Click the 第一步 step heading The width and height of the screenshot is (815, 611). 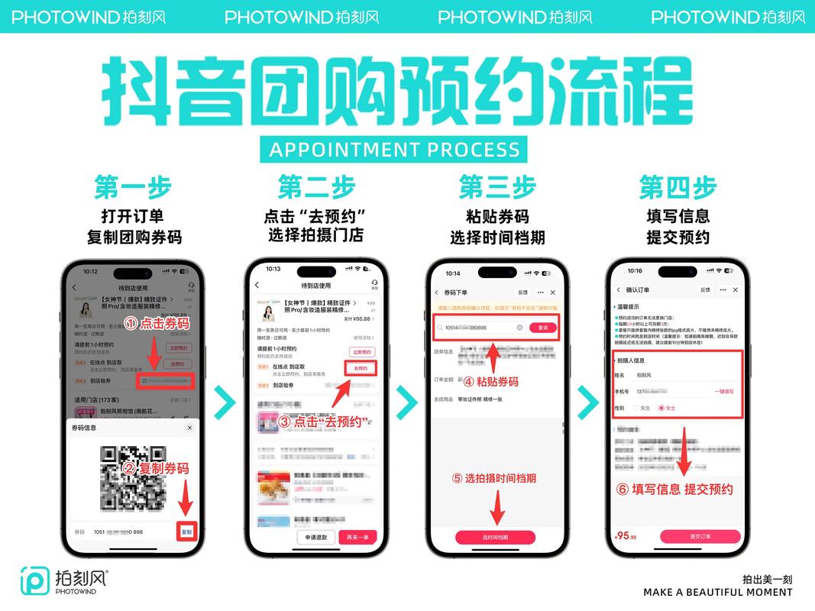coord(133,187)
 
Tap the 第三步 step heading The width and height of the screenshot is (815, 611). coord(497,187)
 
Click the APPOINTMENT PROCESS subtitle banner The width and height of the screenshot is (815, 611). coord(394,149)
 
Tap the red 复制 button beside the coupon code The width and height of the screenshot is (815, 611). coord(187,532)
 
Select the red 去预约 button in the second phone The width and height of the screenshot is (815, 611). coord(361,368)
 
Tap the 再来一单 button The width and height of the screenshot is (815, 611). coord(357,537)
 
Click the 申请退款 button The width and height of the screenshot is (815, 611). coord(316,537)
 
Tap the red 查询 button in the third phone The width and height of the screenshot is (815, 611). coord(543,327)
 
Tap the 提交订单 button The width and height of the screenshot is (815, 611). coord(700,536)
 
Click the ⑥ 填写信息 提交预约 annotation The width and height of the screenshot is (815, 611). coord(674,489)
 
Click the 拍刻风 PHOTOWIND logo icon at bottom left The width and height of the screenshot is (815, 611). coord(35,580)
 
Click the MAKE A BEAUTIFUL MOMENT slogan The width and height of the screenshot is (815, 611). coord(717,592)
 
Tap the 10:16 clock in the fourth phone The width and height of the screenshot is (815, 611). coord(635,271)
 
